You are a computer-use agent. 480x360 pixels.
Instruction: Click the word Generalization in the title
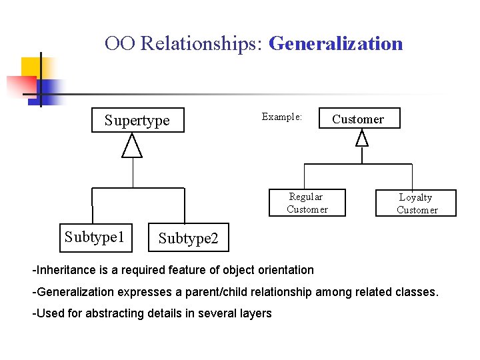(336, 44)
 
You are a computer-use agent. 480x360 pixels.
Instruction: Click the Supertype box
(137, 121)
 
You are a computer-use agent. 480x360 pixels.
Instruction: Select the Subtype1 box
(95, 238)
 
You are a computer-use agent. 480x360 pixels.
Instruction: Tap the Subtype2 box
(188, 238)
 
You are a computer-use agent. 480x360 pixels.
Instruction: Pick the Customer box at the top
(359, 119)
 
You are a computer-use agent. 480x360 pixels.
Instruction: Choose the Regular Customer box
(307, 203)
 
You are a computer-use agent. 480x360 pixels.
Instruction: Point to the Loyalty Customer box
(416, 203)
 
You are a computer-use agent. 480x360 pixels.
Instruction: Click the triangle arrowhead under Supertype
(132, 147)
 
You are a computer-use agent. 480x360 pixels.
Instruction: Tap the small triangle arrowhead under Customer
(362, 138)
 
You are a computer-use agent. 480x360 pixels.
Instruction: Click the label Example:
(282, 117)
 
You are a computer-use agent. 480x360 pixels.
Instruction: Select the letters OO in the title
(120, 44)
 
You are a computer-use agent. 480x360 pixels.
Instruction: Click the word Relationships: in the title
(203, 44)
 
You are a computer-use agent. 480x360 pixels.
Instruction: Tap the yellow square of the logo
(31, 68)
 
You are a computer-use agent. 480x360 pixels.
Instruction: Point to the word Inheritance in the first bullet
(65, 270)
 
